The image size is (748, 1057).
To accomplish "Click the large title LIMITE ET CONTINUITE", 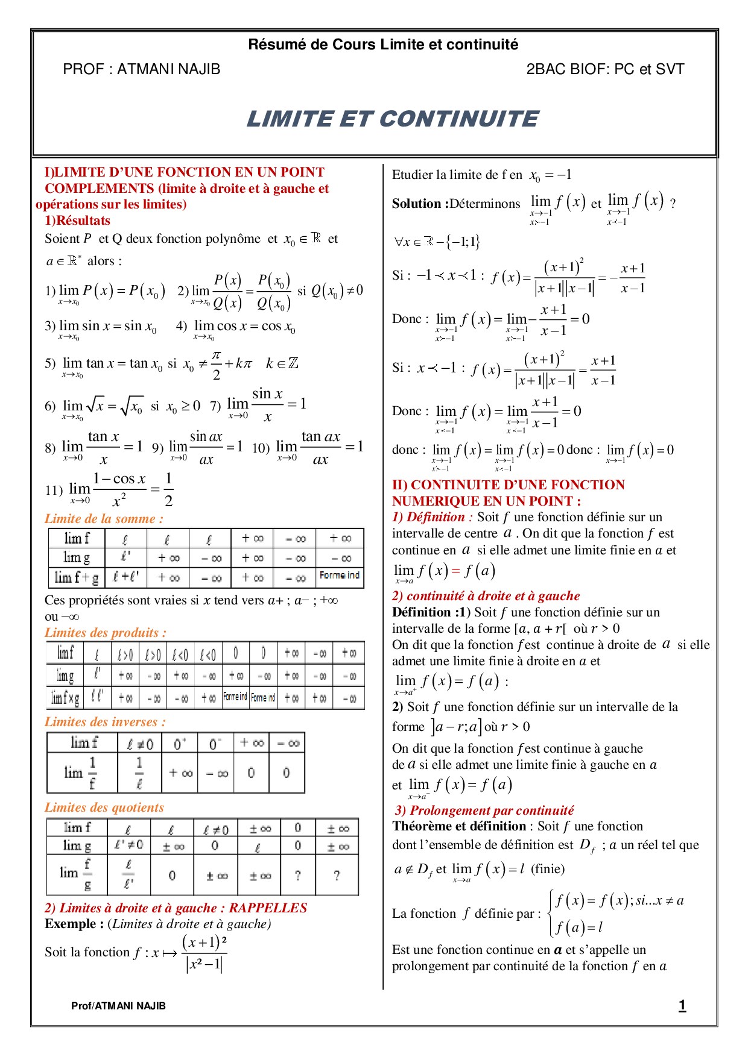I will [392, 119].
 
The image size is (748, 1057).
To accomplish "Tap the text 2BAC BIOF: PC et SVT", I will [605, 69].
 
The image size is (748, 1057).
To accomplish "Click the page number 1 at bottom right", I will [682, 1005].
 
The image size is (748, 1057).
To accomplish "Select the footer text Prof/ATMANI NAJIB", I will [118, 1006].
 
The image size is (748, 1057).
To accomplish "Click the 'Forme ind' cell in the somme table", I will [340, 576].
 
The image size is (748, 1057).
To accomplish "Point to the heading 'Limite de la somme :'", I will [104, 519].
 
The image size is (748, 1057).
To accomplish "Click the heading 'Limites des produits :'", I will [105, 633].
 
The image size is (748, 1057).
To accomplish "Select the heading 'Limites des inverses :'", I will [105, 722].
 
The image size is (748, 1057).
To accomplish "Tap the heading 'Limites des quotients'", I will [104, 808].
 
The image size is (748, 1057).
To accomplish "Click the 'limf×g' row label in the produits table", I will [65, 698].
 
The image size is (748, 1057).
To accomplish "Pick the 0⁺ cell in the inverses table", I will [180, 744].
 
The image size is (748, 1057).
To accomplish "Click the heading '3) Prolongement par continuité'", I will [484, 811].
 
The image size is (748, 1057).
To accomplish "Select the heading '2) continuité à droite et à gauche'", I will [486, 596].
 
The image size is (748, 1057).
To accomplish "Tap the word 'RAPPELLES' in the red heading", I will [268, 908].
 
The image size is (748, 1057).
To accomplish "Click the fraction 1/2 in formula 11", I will [168, 489].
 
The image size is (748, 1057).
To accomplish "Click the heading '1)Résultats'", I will [77, 221].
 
